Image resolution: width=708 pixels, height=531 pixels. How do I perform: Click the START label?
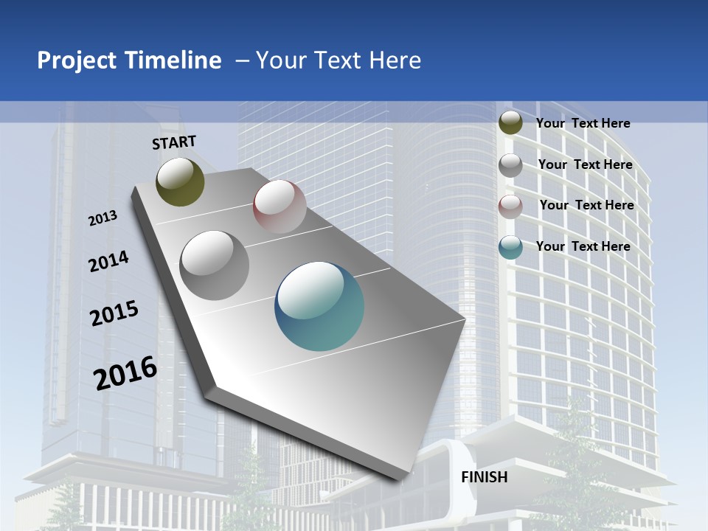pyautogui.click(x=174, y=142)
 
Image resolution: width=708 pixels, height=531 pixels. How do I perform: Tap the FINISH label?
pyautogui.click(x=484, y=477)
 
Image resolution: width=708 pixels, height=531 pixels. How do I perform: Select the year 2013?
pyautogui.click(x=103, y=218)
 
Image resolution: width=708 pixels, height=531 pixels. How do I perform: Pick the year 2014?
pyautogui.click(x=108, y=261)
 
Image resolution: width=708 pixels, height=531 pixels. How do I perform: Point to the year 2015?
pyautogui.click(x=114, y=313)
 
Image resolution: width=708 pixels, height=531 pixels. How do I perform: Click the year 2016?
pyautogui.click(x=125, y=372)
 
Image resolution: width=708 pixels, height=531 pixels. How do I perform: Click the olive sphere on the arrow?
pyautogui.click(x=180, y=181)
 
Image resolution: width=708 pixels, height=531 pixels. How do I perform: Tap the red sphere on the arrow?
pyautogui.click(x=280, y=206)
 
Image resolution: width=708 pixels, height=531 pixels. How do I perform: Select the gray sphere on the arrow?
pyautogui.click(x=214, y=265)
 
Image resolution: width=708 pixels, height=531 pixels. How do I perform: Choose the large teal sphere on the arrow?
pyautogui.click(x=319, y=306)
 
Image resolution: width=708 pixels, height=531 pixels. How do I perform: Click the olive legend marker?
pyautogui.click(x=510, y=123)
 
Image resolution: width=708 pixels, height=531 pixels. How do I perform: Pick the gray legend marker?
pyautogui.click(x=510, y=165)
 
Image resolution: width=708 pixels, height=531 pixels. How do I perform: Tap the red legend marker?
pyautogui.click(x=510, y=206)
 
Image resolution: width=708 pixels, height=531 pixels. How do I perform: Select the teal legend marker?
pyautogui.click(x=510, y=247)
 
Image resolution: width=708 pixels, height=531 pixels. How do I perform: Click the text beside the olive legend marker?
pyautogui.click(x=583, y=124)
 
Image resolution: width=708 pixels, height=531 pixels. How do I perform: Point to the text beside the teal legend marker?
pyautogui.click(x=583, y=246)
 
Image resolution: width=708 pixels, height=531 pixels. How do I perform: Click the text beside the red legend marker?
pyautogui.click(x=586, y=205)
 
